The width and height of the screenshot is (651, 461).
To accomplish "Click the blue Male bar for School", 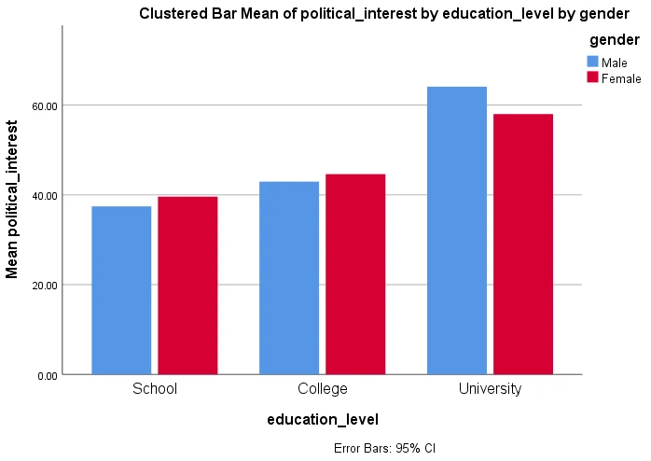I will pyautogui.click(x=121, y=290).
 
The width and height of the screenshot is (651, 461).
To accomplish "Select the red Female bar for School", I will pyautogui.click(x=187, y=286).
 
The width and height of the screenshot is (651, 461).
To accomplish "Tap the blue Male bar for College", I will pyautogui.click(x=289, y=278).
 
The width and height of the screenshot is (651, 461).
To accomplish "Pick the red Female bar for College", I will pyautogui.click(x=355, y=274).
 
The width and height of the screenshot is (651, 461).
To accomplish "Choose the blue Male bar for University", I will pyautogui.click(x=457, y=230).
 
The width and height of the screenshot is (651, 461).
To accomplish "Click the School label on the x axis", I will pyautogui.click(x=155, y=388).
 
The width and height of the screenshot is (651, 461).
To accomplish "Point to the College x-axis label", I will pyautogui.click(x=323, y=388).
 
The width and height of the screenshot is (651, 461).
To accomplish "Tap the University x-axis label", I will pyautogui.click(x=491, y=388).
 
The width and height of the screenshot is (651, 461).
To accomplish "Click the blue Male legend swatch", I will pyautogui.click(x=592, y=62).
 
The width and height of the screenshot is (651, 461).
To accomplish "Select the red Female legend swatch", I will pyautogui.click(x=592, y=77).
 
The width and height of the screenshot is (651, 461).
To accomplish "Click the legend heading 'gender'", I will pyautogui.click(x=615, y=40).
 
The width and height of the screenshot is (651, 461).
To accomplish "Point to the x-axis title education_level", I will pyautogui.click(x=323, y=420).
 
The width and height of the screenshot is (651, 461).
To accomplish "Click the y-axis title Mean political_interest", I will pyautogui.click(x=13, y=199).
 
